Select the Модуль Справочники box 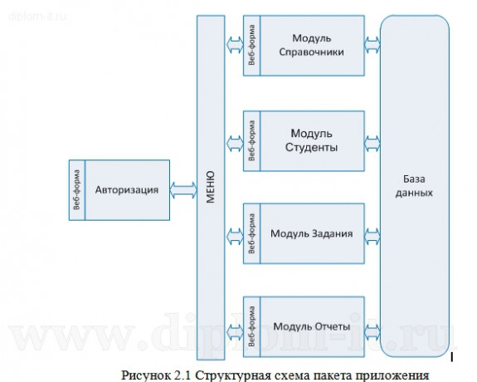[312, 45]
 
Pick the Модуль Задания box [312, 233]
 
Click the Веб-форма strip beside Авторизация [76, 189]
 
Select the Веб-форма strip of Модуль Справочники [251, 45]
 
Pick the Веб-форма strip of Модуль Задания [251, 233]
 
